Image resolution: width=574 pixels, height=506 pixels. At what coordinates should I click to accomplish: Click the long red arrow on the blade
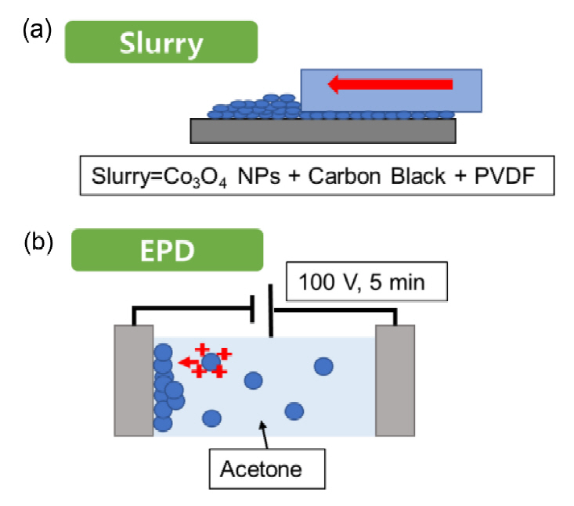(x=391, y=82)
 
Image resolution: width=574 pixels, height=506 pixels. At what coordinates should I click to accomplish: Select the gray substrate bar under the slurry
(x=323, y=131)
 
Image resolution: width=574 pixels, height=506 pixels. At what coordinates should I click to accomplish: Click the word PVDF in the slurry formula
(x=511, y=178)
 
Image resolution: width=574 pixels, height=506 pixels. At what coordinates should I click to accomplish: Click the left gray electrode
(x=133, y=379)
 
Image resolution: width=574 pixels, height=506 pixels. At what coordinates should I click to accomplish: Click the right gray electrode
(x=395, y=379)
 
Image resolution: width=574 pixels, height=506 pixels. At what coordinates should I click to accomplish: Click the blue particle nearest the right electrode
(x=323, y=365)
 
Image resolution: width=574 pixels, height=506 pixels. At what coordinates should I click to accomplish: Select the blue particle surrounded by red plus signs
(x=210, y=361)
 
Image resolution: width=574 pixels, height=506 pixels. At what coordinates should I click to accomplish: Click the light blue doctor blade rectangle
(x=391, y=90)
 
